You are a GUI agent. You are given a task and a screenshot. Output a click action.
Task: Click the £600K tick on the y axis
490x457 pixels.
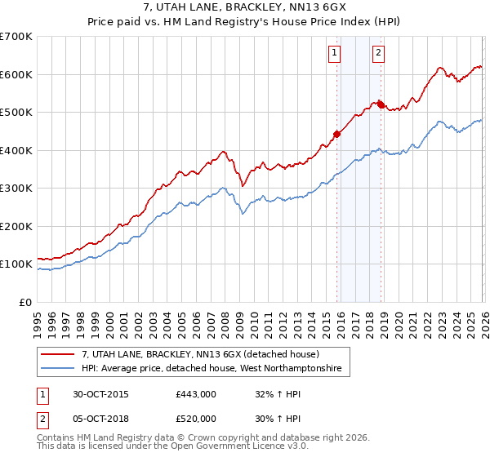pyautogui.click(x=16, y=74)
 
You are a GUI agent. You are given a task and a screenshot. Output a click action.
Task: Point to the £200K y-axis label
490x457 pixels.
pyautogui.click(x=16, y=226)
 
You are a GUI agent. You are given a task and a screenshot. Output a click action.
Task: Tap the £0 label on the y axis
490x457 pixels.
pyautogui.click(x=26, y=302)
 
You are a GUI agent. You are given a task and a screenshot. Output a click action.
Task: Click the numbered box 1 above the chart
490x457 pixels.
pyautogui.click(x=336, y=54)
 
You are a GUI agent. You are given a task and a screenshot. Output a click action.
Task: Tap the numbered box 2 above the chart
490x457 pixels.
pyautogui.click(x=379, y=54)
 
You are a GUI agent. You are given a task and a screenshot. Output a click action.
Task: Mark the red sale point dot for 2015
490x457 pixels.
pyautogui.click(x=336, y=134)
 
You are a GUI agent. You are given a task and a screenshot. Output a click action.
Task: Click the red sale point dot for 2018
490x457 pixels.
pyautogui.click(x=380, y=104)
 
